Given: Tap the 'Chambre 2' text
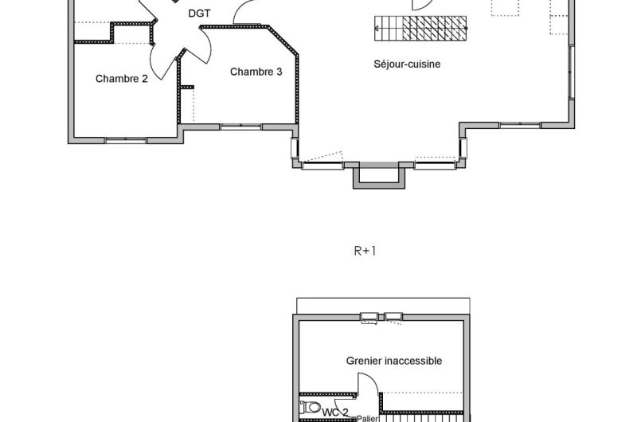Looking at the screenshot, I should point(121,78).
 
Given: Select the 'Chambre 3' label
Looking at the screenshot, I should point(256,72).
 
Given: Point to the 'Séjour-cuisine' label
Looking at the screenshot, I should point(407,64).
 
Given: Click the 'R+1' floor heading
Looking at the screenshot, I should point(364,250).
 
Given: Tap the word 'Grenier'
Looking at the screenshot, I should point(364,361).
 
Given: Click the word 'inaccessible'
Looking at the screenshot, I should point(412,361).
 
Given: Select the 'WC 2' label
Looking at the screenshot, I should point(334,411).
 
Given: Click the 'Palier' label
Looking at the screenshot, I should point(367,418).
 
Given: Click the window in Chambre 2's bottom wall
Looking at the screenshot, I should point(126,141).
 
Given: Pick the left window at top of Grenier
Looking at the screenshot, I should point(369,318).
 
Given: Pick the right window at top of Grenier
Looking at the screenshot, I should point(393,318).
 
